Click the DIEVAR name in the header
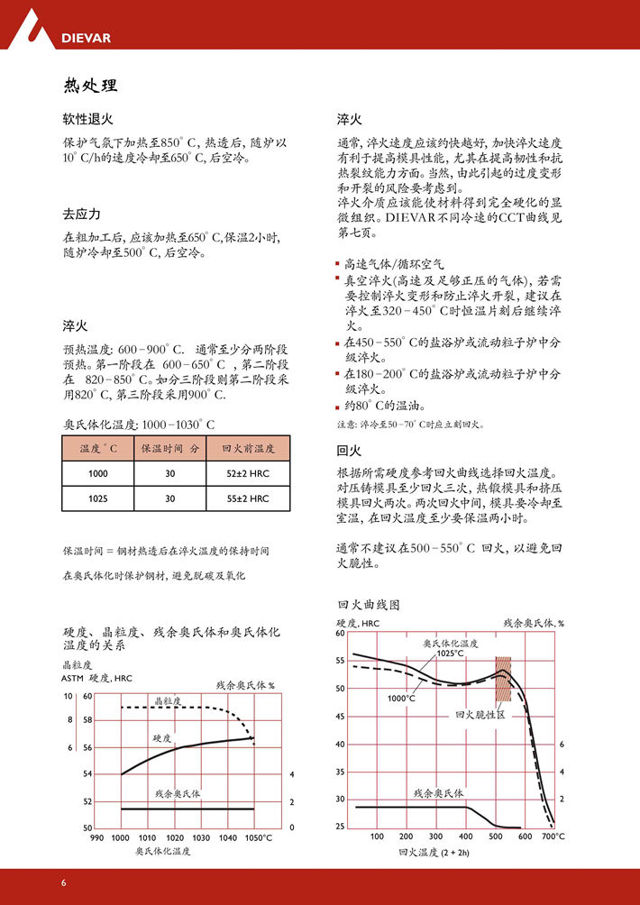point(85,38)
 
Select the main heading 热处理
point(90,86)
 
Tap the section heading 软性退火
point(87,119)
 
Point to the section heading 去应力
point(81,215)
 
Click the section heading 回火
point(349,451)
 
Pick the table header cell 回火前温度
point(248,448)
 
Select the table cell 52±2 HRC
point(248,473)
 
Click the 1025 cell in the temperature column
point(97,498)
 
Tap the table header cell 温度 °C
point(97,448)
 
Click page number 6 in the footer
point(64,882)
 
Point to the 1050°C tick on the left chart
point(259,838)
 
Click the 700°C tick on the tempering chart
point(553,836)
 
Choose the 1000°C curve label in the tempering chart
point(401,698)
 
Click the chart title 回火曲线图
point(368,604)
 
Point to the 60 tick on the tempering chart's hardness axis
point(340,633)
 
